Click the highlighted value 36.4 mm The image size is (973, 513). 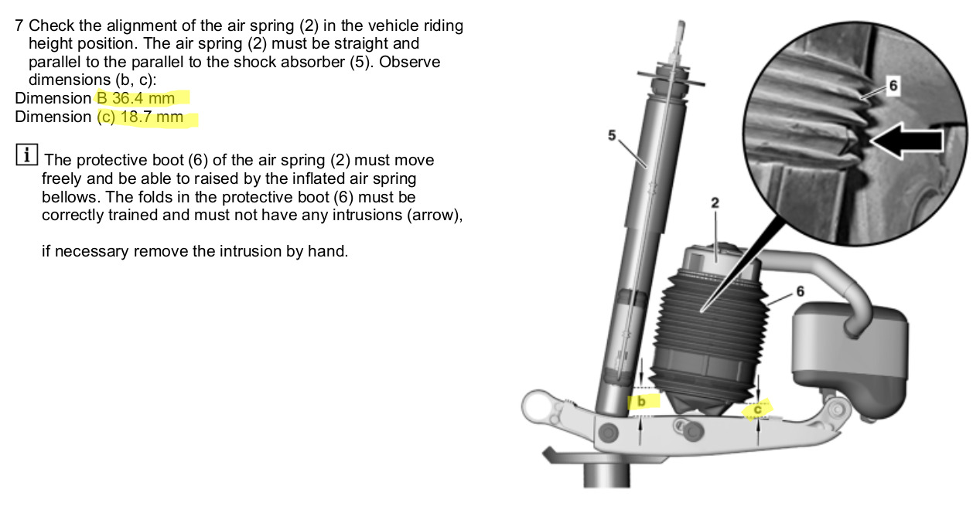tap(143, 99)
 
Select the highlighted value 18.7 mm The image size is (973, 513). tap(152, 117)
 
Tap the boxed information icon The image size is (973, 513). tap(26, 155)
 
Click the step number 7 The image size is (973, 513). tap(19, 25)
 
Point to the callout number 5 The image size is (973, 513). tap(612, 135)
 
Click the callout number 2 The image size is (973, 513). tap(715, 202)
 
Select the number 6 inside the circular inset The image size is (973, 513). tap(893, 86)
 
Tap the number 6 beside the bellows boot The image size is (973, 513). tap(800, 291)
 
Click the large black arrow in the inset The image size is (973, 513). tap(906, 141)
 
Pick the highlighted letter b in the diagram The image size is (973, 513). tap(641, 402)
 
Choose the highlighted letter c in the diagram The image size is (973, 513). tap(757, 409)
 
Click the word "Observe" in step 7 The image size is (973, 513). tap(410, 62)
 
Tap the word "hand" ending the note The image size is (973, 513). tap(328, 251)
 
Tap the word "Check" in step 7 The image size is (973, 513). tap(52, 25)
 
